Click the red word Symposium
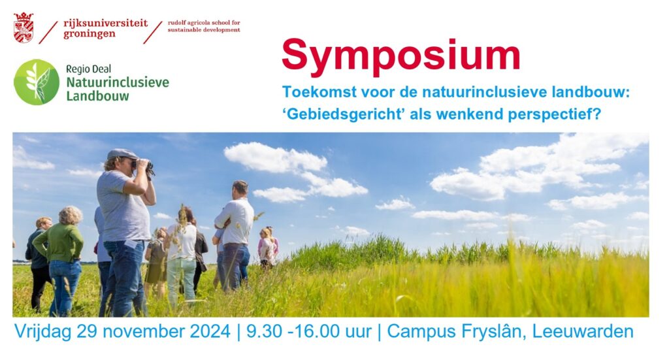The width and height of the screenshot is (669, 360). (x=400, y=56)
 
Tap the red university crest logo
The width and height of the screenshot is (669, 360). (x=24, y=27)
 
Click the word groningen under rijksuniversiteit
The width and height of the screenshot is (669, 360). (x=89, y=35)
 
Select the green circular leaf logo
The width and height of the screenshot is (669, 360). (x=37, y=82)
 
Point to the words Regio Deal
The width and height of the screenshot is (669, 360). (x=88, y=69)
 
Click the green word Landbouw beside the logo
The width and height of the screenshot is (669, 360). (x=97, y=96)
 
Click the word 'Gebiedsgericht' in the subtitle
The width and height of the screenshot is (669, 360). (x=344, y=115)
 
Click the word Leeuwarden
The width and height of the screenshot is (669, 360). (x=583, y=331)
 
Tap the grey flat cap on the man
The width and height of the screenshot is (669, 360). (x=121, y=154)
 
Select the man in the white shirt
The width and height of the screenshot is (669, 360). (x=235, y=235)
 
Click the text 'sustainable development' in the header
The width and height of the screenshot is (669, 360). (x=204, y=30)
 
